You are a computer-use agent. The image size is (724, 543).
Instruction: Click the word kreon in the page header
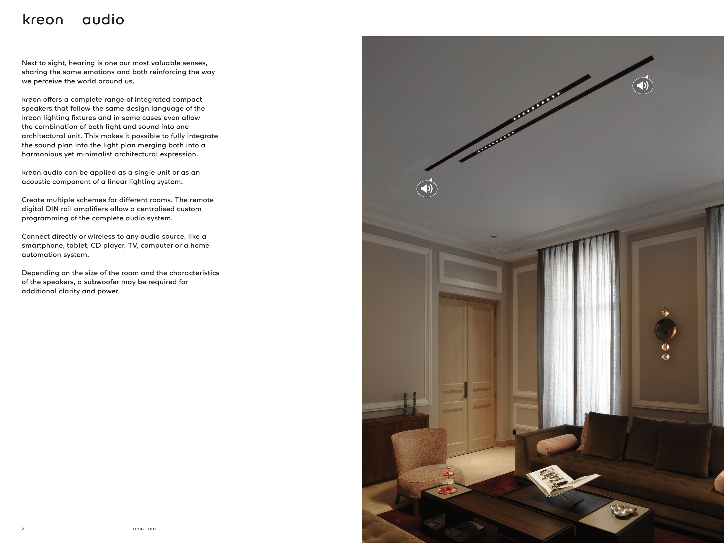[43, 20]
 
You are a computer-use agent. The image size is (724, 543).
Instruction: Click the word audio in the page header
[103, 20]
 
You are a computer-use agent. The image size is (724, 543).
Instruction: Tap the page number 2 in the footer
[23, 529]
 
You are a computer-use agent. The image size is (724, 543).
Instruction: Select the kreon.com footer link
[143, 529]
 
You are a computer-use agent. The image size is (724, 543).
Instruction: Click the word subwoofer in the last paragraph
[101, 282]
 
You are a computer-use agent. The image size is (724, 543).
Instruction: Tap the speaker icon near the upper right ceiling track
[643, 85]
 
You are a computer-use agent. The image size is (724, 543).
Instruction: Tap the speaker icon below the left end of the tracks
[427, 189]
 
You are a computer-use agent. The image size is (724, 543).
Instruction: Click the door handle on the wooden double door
[465, 390]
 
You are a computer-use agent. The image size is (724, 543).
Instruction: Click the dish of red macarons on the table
[447, 490]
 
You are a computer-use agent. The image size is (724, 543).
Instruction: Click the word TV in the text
[132, 246]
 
